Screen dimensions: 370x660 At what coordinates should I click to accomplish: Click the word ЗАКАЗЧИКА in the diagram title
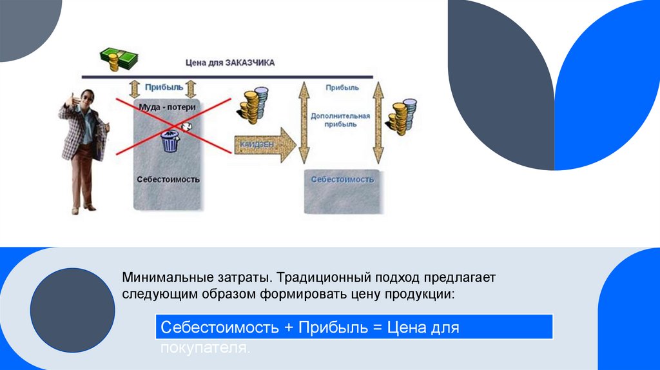click(x=251, y=63)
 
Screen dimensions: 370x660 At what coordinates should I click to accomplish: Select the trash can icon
click(x=170, y=141)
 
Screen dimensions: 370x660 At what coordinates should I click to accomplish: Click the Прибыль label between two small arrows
click(x=164, y=87)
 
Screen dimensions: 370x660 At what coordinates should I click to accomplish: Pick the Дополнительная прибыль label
click(x=340, y=120)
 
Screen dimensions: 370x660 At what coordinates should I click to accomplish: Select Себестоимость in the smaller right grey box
click(x=342, y=180)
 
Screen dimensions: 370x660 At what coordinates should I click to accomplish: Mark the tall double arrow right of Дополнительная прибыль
click(x=378, y=122)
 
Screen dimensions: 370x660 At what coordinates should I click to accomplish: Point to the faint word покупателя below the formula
click(x=204, y=347)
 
